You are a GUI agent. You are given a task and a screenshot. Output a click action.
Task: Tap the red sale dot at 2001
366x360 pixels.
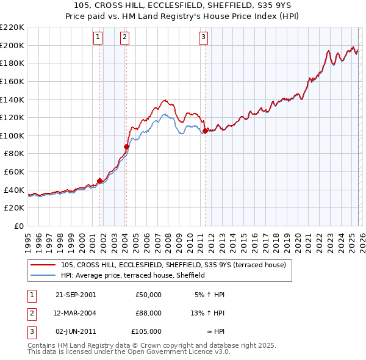click(x=99, y=181)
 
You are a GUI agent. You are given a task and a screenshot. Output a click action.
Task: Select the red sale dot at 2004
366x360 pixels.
click(x=126, y=146)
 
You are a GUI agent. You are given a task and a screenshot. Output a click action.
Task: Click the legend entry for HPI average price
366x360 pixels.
click(x=132, y=276)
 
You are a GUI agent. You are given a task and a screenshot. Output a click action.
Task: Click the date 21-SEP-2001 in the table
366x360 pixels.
click(x=76, y=295)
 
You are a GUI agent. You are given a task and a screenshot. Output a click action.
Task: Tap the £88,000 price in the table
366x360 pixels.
click(x=148, y=313)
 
